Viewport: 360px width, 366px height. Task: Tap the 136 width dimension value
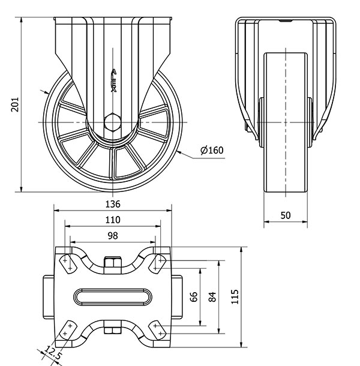click(x=113, y=203)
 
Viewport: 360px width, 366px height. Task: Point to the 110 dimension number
click(x=113, y=220)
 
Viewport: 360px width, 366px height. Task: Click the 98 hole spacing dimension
click(x=113, y=236)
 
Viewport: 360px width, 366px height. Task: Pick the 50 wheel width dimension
click(x=286, y=215)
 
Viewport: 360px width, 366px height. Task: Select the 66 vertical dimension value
click(x=194, y=297)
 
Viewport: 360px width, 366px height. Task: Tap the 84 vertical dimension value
click(x=212, y=297)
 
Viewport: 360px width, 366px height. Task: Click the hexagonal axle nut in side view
click(x=112, y=122)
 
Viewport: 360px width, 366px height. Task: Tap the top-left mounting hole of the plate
click(x=65, y=261)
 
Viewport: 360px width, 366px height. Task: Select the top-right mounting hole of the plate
click(x=160, y=261)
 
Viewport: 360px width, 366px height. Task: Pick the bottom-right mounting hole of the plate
click(x=160, y=329)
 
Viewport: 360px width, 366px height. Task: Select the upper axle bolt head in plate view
click(x=112, y=262)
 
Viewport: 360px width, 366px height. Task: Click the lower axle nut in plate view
click(x=112, y=329)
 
